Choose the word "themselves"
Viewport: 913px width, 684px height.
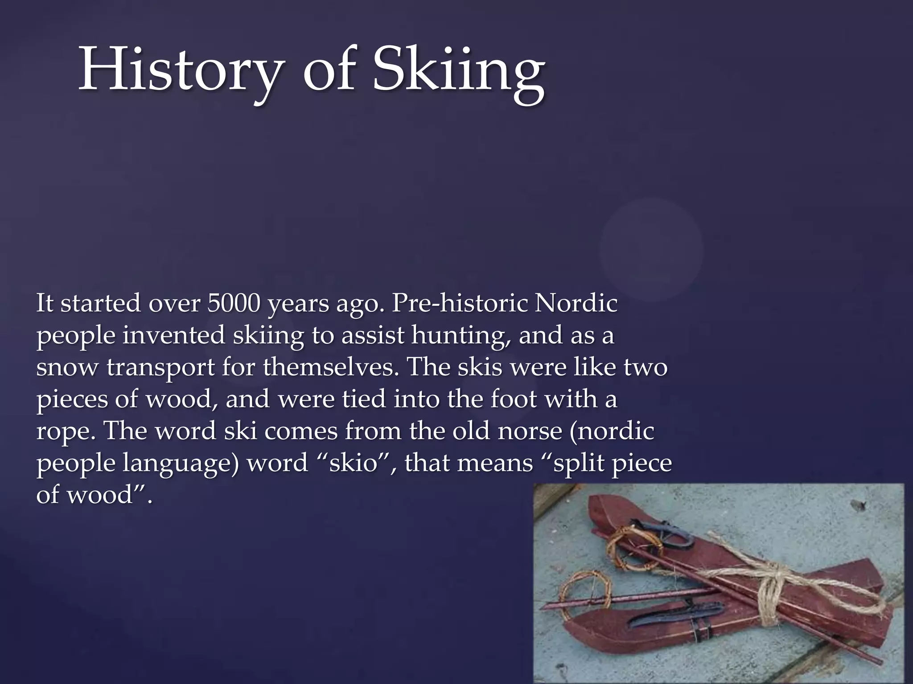[x=330, y=367]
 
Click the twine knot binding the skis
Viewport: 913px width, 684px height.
[x=771, y=583]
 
